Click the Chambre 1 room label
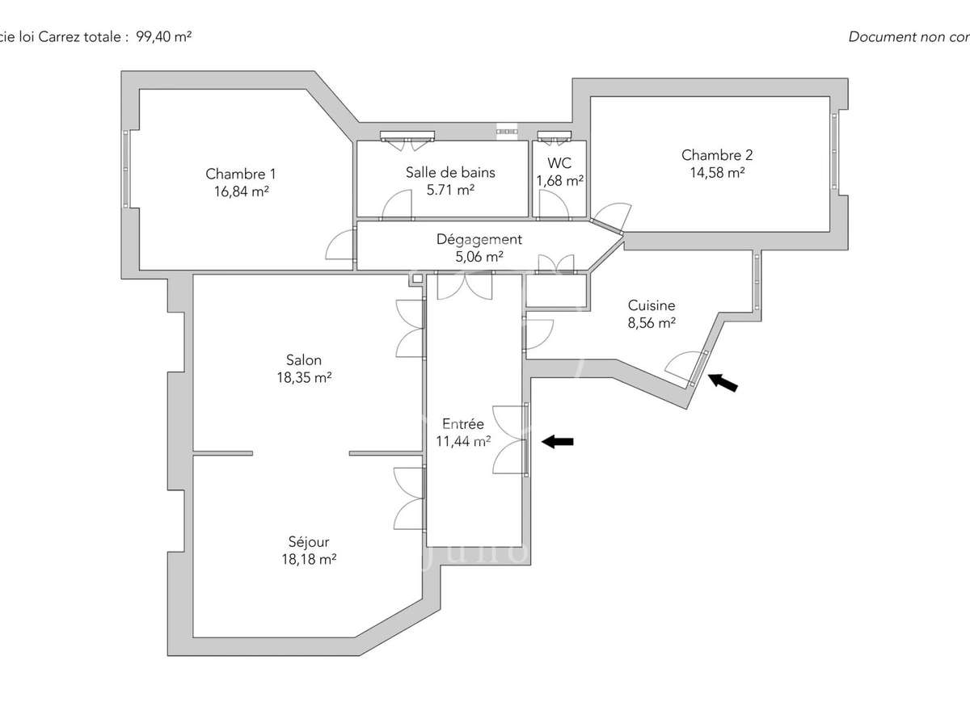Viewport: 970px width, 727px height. tap(240, 174)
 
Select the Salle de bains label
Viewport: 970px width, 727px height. tap(450, 172)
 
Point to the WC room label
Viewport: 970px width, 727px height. tap(559, 163)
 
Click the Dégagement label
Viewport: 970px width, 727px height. tap(479, 239)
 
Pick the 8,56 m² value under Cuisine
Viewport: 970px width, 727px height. tap(652, 322)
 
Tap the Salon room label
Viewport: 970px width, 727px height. tap(303, 360)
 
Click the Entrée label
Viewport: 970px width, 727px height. tap(463, 424)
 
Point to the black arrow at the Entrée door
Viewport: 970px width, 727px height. tap(557, 441)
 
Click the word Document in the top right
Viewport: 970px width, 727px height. tap(877, 36)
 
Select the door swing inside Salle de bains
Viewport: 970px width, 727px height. tap(398, 205)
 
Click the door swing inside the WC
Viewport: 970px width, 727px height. tap(553, 205)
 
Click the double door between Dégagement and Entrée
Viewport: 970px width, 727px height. tap(464, 285)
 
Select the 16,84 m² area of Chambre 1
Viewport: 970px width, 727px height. tap(240, 191)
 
